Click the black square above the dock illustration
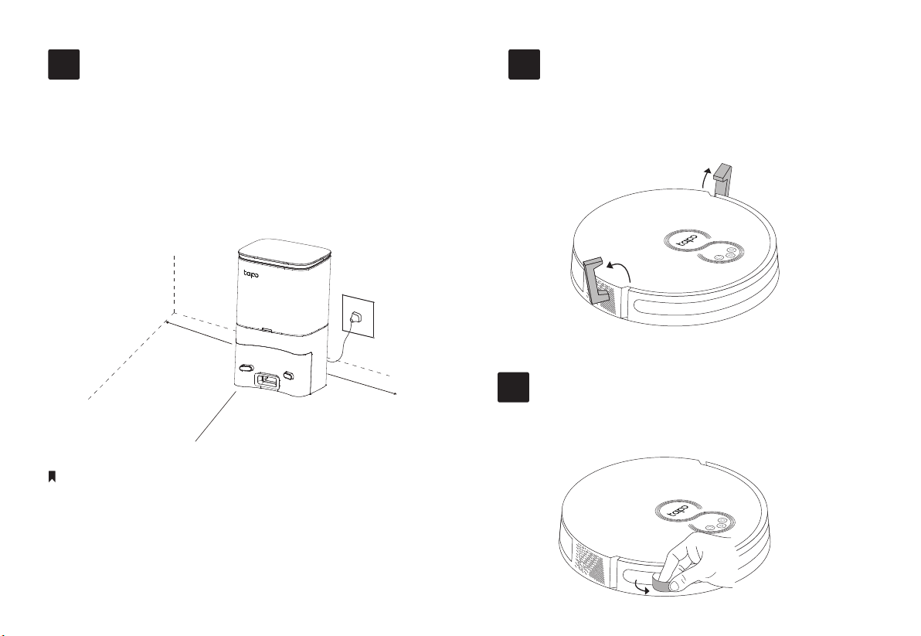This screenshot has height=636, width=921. [x=63, y=65]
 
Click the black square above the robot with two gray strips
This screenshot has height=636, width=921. [x=524, y=65]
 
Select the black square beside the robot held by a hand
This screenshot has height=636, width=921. [x=513, y=387]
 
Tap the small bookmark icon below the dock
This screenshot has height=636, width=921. [x=52, y=476]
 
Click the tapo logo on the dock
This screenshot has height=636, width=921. [x=251, y=274]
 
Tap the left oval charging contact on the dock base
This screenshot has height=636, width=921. [x=246, y=368]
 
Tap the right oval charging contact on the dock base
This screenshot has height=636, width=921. [x=288, y=376]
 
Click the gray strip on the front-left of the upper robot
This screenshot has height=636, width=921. [x=597, y=280]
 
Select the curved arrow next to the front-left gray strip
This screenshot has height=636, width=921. [x=622, y=269]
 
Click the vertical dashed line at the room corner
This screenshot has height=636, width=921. [x=175, y=286]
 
